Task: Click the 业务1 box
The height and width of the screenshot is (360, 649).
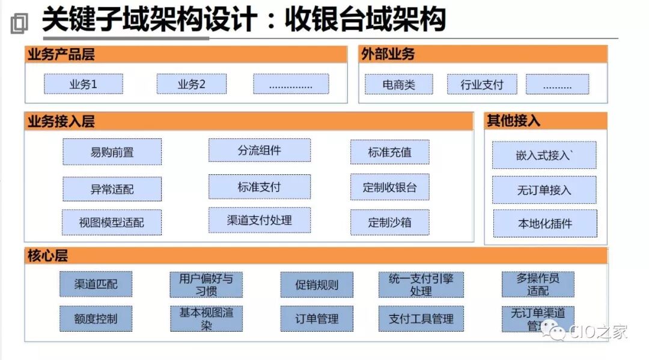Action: [83, 84]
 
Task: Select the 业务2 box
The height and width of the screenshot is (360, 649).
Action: [192, 84]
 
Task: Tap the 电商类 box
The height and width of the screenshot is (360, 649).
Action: [398, 85]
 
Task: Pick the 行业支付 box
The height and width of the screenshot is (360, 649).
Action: [482, 85]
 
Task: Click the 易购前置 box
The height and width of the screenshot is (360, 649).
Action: [112, 152]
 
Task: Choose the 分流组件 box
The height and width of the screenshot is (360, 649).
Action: [259, 150]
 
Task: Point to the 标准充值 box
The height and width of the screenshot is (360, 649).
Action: [389, 152]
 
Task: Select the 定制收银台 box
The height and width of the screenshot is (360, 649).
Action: [389, 188]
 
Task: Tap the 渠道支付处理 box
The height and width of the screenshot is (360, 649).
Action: [259, 221]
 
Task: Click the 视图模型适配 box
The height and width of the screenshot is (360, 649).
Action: [112, 222]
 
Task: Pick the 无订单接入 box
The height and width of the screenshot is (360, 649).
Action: [544, 190]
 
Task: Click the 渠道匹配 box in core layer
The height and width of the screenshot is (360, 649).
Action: [96, 284]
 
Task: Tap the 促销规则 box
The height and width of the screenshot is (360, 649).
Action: [317, 285]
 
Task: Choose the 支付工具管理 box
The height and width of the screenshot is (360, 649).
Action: [421, 319]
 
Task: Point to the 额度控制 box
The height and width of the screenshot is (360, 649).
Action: [96, 319]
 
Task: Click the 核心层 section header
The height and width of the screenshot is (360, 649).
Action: [48, 255]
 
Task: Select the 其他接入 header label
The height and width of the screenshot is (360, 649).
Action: [505, 121]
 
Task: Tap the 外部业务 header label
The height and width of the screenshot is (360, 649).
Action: [388, 54]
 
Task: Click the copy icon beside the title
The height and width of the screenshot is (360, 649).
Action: [19, 23]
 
